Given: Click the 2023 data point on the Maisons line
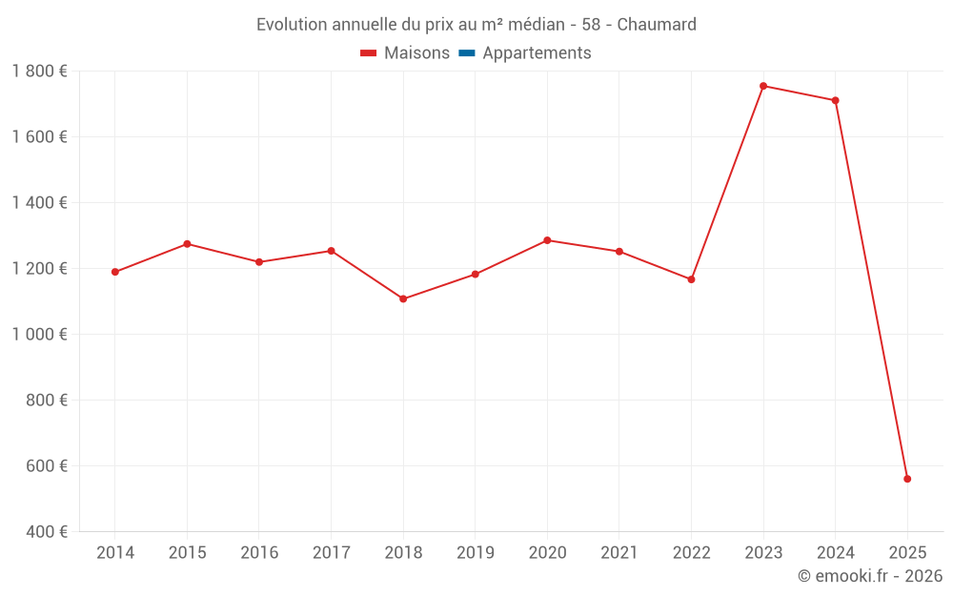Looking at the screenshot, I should (x=763, y=86).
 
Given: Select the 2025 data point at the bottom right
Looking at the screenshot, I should (x=907, y=479).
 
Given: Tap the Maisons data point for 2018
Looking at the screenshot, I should (x=403, y=299).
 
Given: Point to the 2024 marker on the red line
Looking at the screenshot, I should (x=836, y=100).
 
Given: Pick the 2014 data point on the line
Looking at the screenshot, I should (x=115, y=272).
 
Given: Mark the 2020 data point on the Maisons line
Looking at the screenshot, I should (x=547, y=240).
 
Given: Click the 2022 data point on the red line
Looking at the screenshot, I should (x=691, y=279).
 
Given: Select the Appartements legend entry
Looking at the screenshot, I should (x=537, y=53).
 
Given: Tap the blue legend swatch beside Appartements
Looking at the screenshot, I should (x=466, y=53).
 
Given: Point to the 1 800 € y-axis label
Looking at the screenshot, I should (x=39, y=72).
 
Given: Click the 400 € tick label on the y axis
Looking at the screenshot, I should (x=46, y=532).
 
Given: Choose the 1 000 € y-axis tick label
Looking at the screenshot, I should (x=39, y=335).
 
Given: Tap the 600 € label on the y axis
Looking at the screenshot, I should (x=46, y=466).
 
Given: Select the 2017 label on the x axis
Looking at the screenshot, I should (x=331, y=553).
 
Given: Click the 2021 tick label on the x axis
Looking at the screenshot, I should (x=619, y=553).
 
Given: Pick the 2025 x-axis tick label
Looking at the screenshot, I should (x=907, y=553).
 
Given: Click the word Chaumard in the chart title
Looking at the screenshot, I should (x=657, y=24).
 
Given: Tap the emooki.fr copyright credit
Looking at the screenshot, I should (x=870, y=576).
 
